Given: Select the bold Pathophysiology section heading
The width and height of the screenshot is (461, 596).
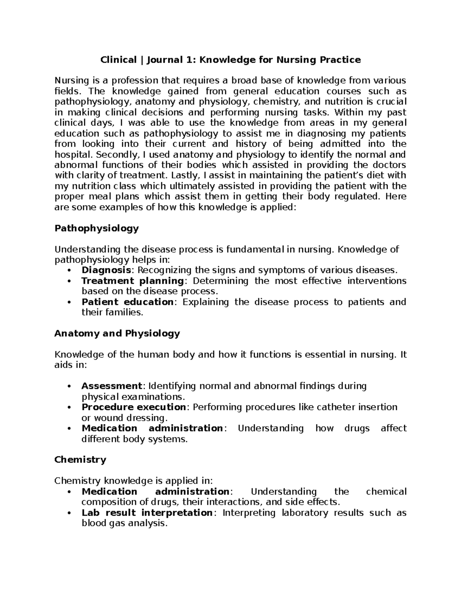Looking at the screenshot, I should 96,229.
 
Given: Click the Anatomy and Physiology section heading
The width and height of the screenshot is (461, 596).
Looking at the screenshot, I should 117,333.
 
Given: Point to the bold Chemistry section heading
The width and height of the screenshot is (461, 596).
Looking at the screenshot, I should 80,460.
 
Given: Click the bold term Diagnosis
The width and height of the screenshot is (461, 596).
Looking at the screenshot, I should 106,270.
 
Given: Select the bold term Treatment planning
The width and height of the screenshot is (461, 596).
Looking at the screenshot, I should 133,281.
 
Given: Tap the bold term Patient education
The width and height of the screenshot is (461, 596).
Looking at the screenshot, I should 128,302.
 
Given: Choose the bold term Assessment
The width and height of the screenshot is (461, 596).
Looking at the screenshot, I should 112,386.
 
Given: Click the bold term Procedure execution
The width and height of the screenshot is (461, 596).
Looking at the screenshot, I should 134,407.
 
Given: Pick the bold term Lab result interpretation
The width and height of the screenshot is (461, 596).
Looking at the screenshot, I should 147,513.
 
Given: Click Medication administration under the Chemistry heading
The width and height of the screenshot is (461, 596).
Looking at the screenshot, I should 155,492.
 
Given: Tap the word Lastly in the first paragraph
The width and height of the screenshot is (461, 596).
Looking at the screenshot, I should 186,176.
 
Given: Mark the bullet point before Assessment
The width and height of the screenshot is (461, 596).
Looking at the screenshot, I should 69,386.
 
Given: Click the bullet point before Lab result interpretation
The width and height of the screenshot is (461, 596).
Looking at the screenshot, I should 69,513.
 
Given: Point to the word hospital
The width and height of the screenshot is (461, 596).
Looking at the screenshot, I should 73,155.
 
